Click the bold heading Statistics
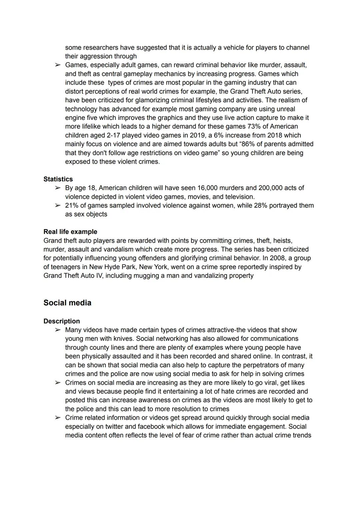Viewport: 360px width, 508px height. pyautogui.click(x=58, y=179)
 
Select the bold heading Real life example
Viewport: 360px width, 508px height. pyautogui.click(x=70, y=232)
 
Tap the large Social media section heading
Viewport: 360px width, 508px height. pyautogui.click(x=67, y=303)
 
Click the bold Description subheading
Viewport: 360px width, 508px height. pyautogui.click(x=62, y=321)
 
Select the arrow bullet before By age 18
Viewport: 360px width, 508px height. pyautogui.click(x=58, y=188)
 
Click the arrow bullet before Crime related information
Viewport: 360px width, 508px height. pyautogui.click(x=58, y=418)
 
